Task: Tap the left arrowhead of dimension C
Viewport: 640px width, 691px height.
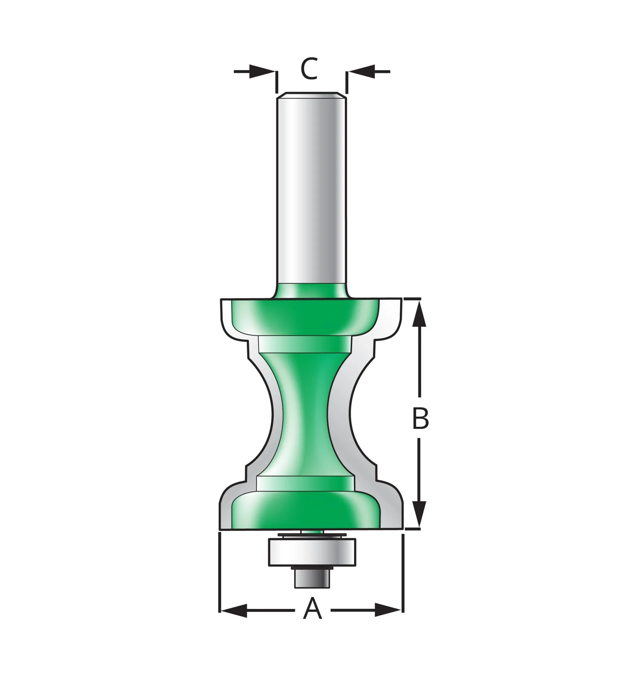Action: point(262,72)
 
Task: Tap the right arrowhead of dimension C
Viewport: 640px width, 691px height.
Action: point(361,72)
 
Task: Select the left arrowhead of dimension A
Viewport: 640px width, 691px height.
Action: point(234,610)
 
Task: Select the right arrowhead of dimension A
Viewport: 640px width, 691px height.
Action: point(388,610)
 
